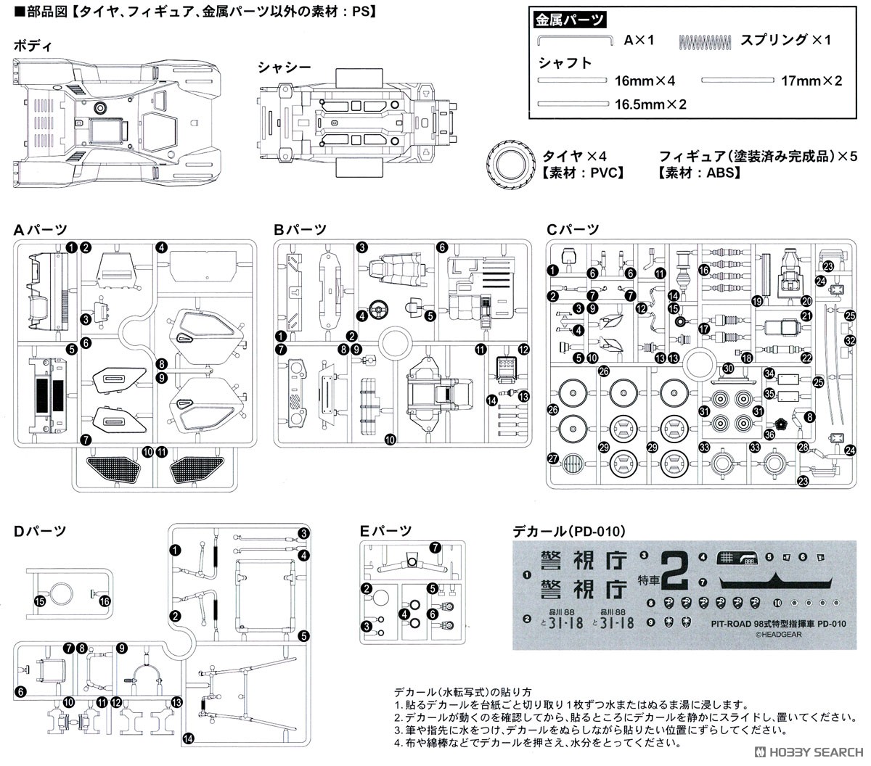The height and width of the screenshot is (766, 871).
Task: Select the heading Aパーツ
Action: tap(40, 231)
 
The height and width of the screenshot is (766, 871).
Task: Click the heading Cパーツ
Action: tap(573, 230)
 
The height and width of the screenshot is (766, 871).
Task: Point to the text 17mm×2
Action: tap(811, 81)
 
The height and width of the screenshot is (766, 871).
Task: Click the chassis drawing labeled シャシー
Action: tap(359, 120)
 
